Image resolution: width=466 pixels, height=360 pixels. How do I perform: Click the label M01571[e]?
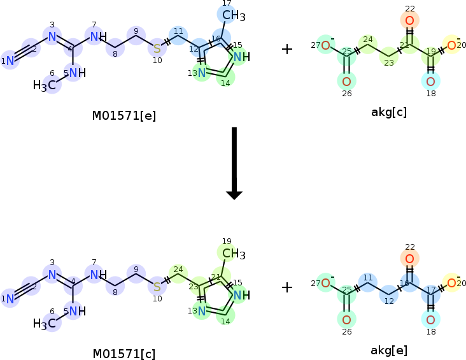pos(124,115)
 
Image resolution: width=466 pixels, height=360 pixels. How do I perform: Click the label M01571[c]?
pos(124,354)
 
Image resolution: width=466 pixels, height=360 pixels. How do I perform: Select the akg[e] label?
pos(389,350)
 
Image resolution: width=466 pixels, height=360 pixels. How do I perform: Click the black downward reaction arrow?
pos(234,162)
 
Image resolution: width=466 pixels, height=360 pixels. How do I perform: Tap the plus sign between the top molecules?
pos(287,49)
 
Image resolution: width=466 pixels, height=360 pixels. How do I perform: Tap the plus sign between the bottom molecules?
pos(287,287)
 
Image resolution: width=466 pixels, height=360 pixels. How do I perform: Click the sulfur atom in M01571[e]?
pos(157,48)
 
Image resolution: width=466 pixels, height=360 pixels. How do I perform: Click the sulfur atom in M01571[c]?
pos(157,286)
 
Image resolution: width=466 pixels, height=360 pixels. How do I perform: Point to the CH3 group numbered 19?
pos(233,254)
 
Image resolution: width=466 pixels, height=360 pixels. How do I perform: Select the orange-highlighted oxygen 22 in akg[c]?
pos(409,20)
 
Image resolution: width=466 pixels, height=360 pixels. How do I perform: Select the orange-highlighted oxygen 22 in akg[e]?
pos(409,259)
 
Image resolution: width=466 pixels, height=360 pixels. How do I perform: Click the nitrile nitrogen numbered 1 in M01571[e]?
pos(10,61)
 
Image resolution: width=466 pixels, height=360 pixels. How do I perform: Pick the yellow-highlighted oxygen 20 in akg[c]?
pos(451,45)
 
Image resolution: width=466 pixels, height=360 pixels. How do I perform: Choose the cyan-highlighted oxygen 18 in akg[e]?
pos(430,319)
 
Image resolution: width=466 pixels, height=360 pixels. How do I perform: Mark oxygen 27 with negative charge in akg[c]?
pos(325,45)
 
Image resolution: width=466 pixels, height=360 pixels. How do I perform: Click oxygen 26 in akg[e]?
pos(346,319)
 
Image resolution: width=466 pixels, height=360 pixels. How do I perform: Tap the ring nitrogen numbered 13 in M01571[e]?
pos(201,73)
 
